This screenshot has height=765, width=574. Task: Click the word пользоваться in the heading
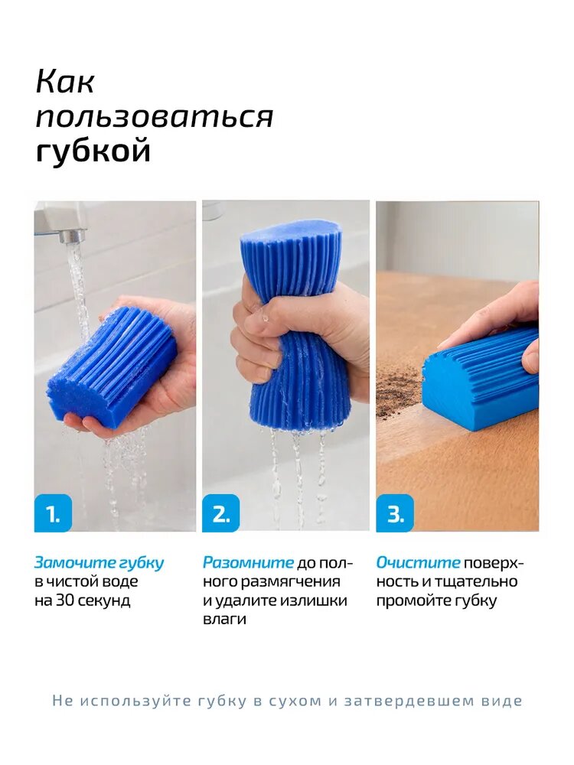(155, 117)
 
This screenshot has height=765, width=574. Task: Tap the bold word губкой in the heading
(93, 151)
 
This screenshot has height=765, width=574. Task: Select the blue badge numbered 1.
(53, 513)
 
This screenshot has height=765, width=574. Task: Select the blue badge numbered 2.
(221, 513)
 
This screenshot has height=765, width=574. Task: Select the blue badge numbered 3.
(395, 513)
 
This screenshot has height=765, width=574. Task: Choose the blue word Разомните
(249, 563)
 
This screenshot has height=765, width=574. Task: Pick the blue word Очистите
(419, 563)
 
